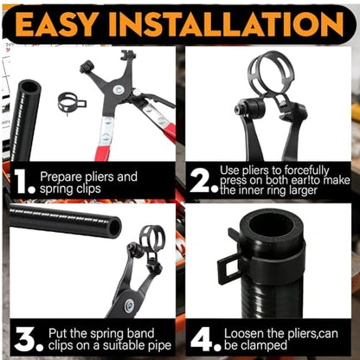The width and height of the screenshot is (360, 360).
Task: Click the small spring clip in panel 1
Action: click(72, 102)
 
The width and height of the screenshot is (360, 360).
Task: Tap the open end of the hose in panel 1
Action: click(29, 87)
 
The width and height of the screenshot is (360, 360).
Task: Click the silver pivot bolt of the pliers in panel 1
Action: click(118, 89)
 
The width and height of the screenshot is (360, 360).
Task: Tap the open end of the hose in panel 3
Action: click(115, 228)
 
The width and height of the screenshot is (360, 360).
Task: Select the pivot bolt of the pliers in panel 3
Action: click(129, 305)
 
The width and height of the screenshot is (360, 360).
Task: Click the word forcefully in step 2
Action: click(306, 170)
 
